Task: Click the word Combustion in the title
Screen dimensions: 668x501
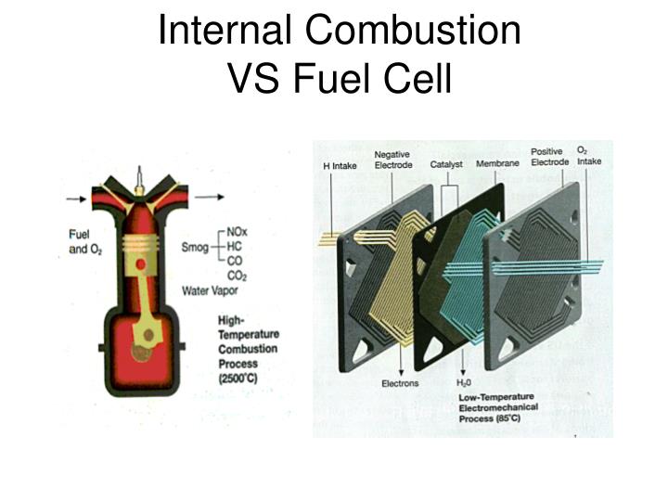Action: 413,30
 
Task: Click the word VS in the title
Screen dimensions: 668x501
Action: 253,78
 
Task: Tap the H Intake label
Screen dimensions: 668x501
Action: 340,166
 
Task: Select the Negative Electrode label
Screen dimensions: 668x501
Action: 393,160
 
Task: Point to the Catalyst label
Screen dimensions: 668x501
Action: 446,164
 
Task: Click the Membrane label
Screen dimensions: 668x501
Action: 497,163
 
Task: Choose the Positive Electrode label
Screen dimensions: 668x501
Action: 549,157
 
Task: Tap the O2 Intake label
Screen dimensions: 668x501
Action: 589,156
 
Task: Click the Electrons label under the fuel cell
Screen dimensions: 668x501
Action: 400,383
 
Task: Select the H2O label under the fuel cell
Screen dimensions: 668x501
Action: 464,383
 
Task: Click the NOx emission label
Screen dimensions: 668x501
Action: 237,232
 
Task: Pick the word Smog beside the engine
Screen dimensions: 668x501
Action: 195,247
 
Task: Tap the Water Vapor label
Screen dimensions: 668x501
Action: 210,291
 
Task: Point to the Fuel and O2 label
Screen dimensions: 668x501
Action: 85,241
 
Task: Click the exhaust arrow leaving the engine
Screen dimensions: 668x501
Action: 209,197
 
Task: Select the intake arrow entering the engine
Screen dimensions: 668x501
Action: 77,199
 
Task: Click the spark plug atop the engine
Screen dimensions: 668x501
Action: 139,180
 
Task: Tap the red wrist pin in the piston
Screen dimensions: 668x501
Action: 141,264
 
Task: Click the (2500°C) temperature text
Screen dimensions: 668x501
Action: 238,379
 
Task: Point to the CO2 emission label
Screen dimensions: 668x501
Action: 237,276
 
